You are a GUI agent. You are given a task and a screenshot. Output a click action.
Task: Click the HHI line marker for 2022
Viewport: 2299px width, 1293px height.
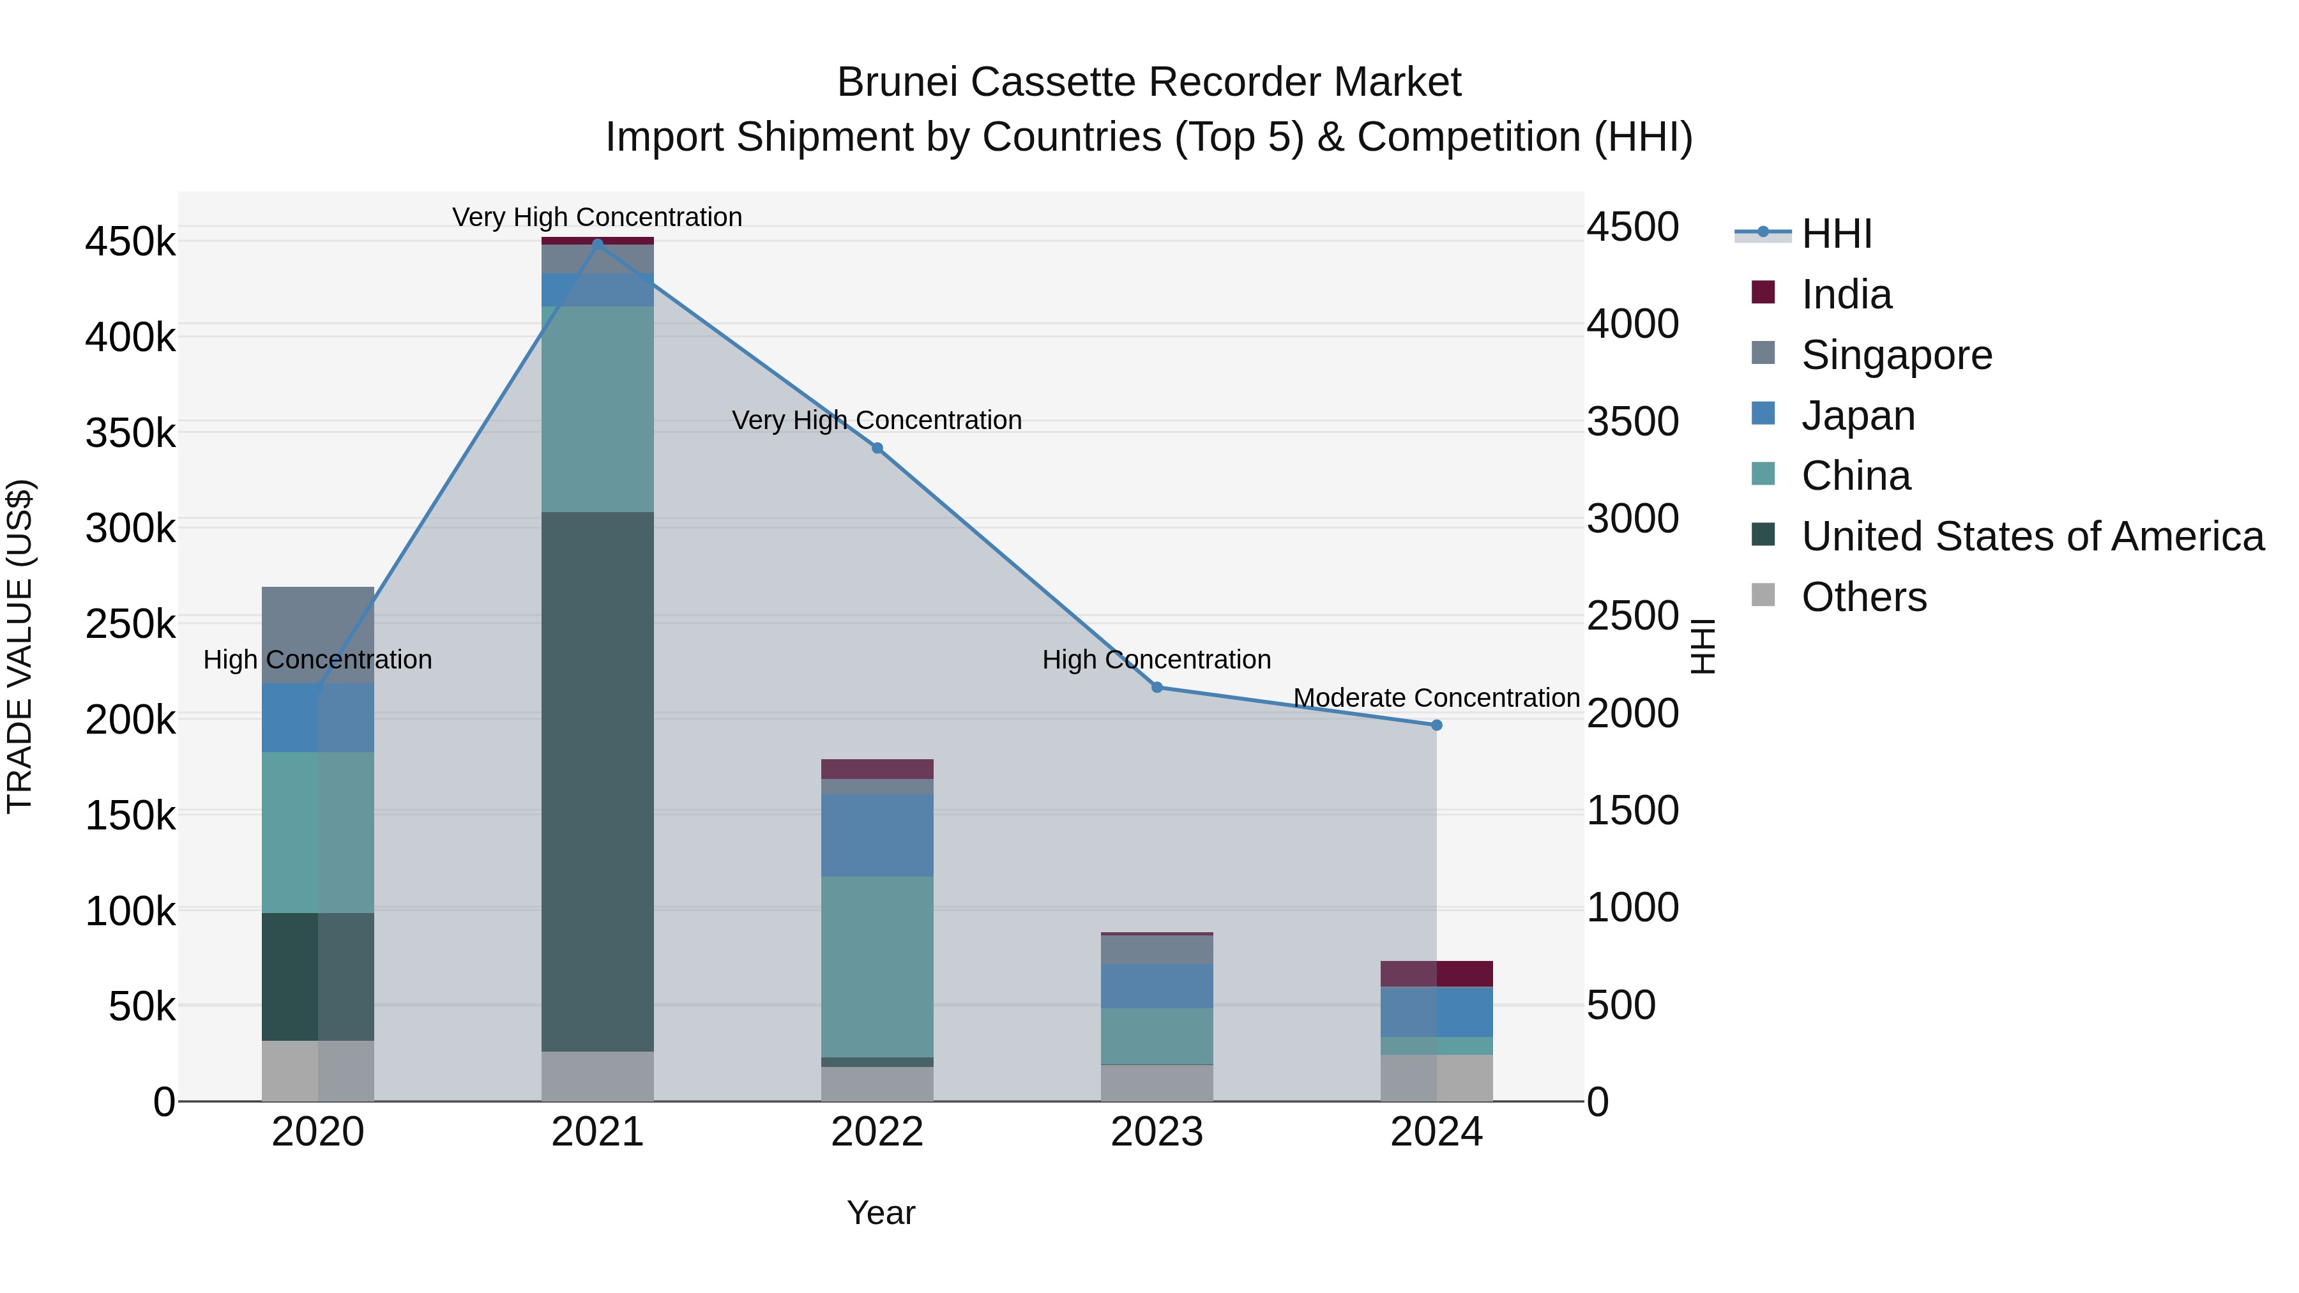[877, 448]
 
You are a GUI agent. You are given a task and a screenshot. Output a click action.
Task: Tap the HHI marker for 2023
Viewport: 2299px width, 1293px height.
[1157, 687]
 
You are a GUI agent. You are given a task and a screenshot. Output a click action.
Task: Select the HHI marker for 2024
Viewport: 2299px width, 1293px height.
[1436, 725]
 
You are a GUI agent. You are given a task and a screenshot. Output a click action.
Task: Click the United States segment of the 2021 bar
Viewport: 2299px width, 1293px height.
[597, 781]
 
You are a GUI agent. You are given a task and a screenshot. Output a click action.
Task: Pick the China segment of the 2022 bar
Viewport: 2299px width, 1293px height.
[877, 967]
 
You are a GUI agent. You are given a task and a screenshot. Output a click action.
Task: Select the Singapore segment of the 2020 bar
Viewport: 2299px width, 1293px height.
[318, 635]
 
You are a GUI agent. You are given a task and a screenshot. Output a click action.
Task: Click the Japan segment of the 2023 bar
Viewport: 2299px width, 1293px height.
[1157, 986]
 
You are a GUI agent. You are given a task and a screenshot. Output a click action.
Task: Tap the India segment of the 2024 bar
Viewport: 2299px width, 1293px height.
[1436, 974]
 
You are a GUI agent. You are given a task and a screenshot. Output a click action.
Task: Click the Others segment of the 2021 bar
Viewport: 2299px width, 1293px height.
[597, 1076]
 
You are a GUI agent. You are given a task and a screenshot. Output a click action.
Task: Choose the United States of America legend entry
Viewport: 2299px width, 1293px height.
[2031, 536]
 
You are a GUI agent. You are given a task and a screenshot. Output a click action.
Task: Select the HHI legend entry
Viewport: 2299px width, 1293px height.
[1836, 234]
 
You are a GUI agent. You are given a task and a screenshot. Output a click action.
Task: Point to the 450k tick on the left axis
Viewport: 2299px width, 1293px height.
[130, 242]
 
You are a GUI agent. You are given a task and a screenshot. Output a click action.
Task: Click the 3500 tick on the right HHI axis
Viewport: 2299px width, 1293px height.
[1632, 421]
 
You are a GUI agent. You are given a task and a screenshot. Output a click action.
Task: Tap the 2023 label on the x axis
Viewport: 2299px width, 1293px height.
[1157, 1132]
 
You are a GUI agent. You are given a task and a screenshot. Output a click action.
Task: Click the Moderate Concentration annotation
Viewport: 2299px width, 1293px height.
[1436, 698]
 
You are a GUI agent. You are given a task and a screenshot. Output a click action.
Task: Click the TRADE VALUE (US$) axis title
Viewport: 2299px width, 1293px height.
[20, 646]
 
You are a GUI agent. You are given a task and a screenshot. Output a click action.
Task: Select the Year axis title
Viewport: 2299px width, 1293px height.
[881, 1213]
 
